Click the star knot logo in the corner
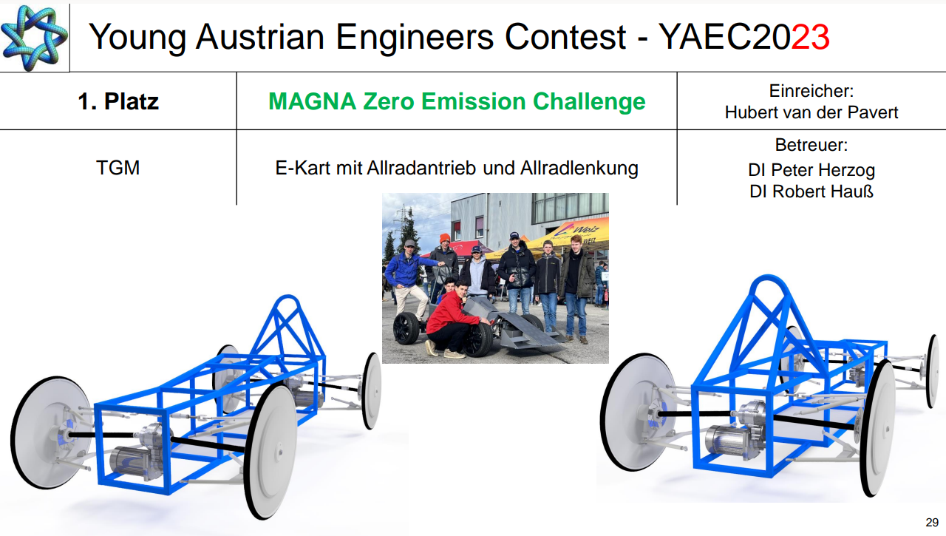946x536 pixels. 34,37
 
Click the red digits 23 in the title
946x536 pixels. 810,37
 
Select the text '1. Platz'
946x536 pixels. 118,101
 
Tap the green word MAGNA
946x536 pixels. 312,101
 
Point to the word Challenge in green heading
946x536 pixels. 589,102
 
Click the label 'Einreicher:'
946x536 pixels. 811,91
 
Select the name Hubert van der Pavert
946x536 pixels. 811,112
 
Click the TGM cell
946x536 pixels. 118,168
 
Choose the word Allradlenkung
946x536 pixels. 579,169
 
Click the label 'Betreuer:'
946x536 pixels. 811,145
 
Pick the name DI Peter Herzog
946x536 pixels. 811,170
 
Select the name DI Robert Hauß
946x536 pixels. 811,191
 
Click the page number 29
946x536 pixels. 932,523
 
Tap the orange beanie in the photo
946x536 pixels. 444,238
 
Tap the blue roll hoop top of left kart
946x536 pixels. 287,299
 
